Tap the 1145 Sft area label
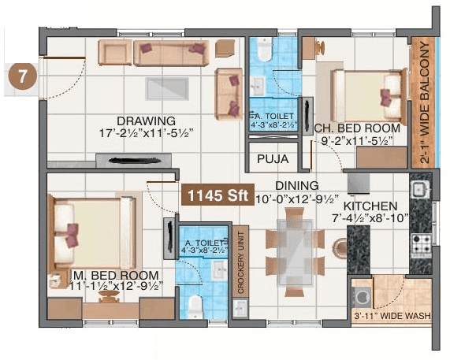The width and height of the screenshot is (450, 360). click(x=212, y=195)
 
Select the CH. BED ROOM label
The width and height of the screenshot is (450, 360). click(x=356, y=128)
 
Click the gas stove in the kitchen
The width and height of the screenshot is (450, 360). click(x=418, y=241)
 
